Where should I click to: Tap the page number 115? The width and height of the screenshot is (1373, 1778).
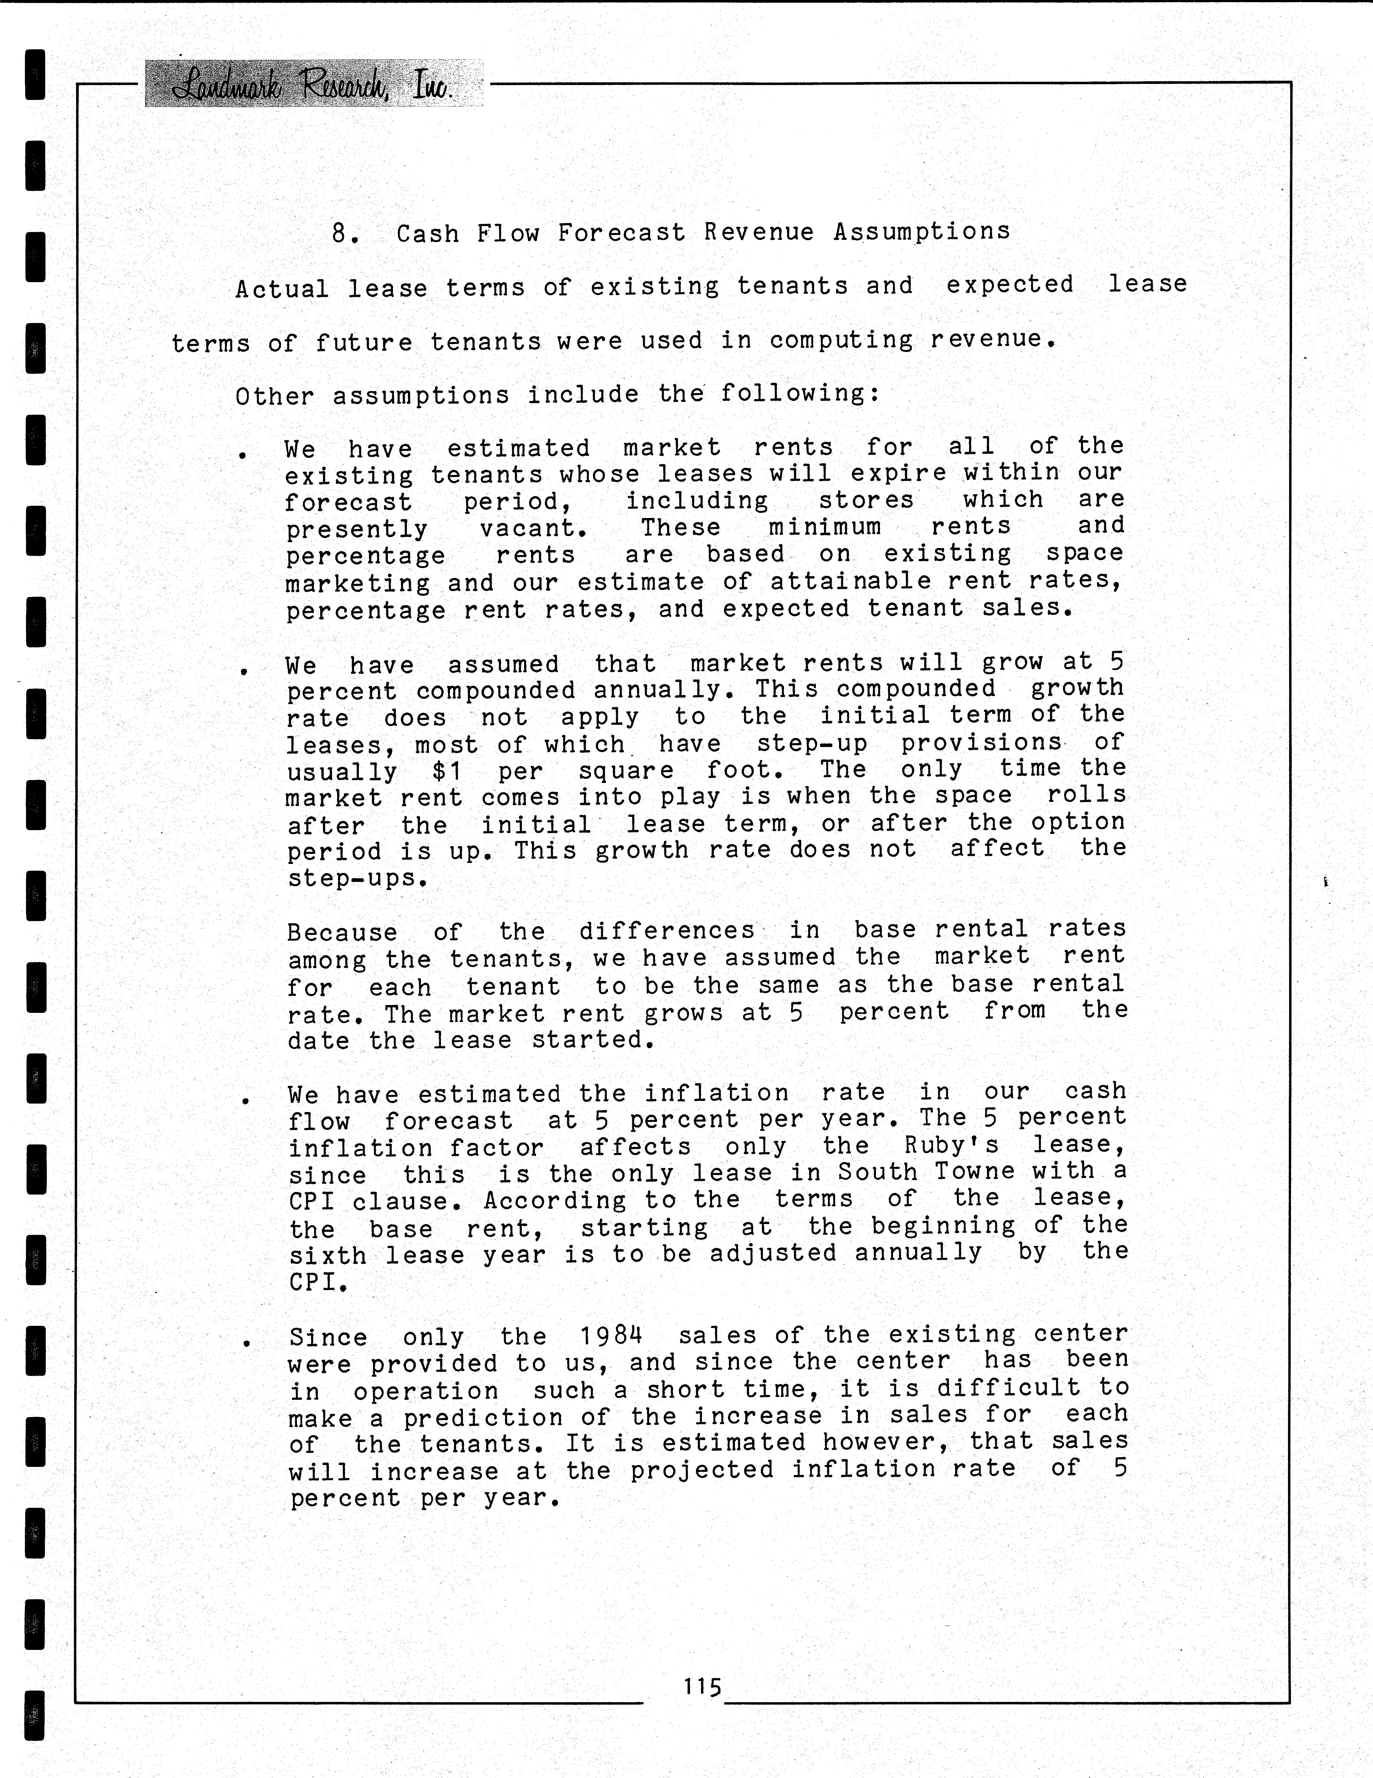pyautogui.click(x=702, y=1686)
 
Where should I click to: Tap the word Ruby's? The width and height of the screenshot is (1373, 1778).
pyautogui.click(x=951, y=1146)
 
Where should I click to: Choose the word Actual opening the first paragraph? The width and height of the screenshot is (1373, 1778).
pyautogui.click(x=282, y=289)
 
